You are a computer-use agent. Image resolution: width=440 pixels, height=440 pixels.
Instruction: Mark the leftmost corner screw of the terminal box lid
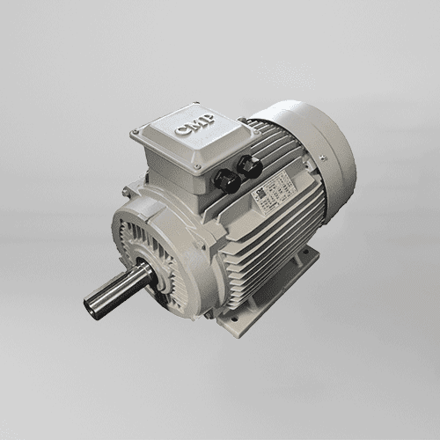pyautogui.click(x=135, y=134)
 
